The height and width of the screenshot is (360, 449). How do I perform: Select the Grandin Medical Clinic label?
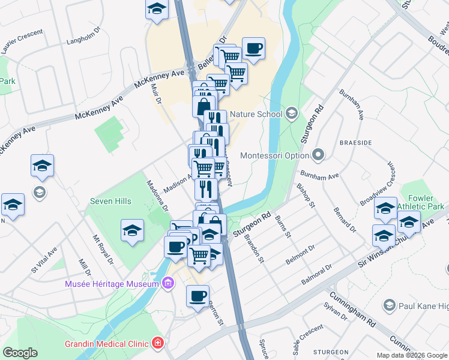[x=110, y=344]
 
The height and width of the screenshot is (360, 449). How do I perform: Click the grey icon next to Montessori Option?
[x=318, y=155]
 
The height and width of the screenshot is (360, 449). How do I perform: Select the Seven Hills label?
[x=111, y=201]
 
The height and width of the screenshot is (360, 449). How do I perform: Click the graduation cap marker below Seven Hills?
[x=132, y=230]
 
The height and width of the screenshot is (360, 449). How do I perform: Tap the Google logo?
[x=20, y=353]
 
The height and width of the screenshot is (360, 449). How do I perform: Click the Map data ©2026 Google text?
[x=411, y=355]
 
